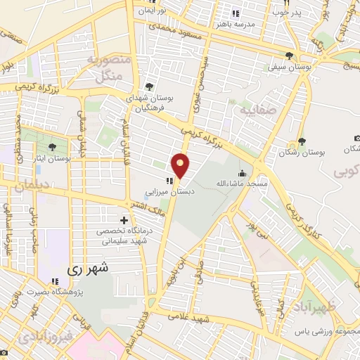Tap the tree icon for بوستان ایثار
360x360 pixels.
pos(53,148)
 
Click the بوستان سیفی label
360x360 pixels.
pos(287,68)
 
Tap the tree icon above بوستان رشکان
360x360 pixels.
pos(301,141)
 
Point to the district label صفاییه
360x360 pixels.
pos(255,110)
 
